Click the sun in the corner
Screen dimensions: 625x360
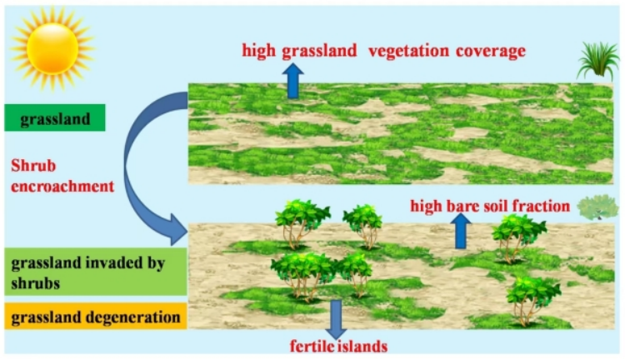[x=52, y=48]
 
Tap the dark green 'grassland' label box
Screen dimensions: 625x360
[x=55, y=117]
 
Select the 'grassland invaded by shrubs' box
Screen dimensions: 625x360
[x=96, y=272]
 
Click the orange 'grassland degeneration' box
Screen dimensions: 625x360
[x=96, y=317]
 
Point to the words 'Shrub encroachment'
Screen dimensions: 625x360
[x=62, y=176]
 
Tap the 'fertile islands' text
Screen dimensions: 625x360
[x=338, y=346]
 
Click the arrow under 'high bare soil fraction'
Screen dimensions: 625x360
[x=461, y=231]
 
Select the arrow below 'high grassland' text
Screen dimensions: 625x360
[x=293, y=81]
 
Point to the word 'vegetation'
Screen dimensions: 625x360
[x=408, y=51]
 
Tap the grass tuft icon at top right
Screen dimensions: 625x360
[x=597, y=60]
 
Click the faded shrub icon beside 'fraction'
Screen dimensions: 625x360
[x=597, y=207]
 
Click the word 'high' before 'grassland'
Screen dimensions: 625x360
[x=258, y=51]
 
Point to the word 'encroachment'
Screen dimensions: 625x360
[x=62, y=186]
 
